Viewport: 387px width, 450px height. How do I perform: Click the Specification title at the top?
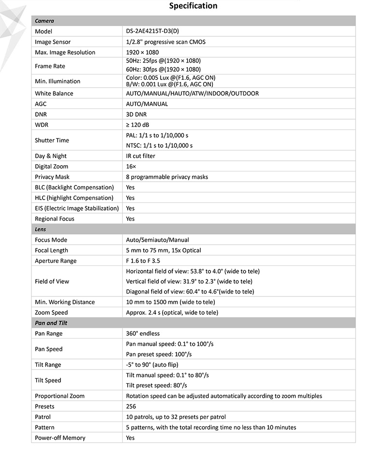[193, 6]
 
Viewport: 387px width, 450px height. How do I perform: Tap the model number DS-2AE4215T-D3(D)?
[152, 31]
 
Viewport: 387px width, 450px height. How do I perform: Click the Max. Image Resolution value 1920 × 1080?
[142, 52]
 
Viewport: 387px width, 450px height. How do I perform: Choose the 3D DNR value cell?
[136, 114]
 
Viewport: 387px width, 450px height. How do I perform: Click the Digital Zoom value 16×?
[131, 167]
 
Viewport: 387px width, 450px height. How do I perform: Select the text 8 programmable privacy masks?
[167, 177]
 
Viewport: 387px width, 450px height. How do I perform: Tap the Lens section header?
[41, 229]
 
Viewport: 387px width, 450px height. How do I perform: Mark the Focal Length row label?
[52, 250]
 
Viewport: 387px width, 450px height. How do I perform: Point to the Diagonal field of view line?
[190, 292]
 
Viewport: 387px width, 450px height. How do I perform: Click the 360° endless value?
[143, 333]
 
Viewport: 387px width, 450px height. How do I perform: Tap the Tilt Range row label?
[48, 365]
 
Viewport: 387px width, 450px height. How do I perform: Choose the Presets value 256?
[131, 406]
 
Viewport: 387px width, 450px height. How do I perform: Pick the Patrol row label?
[43, 417]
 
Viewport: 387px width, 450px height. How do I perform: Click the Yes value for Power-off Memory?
[130, 438]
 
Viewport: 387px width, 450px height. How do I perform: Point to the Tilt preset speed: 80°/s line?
[156, 386]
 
